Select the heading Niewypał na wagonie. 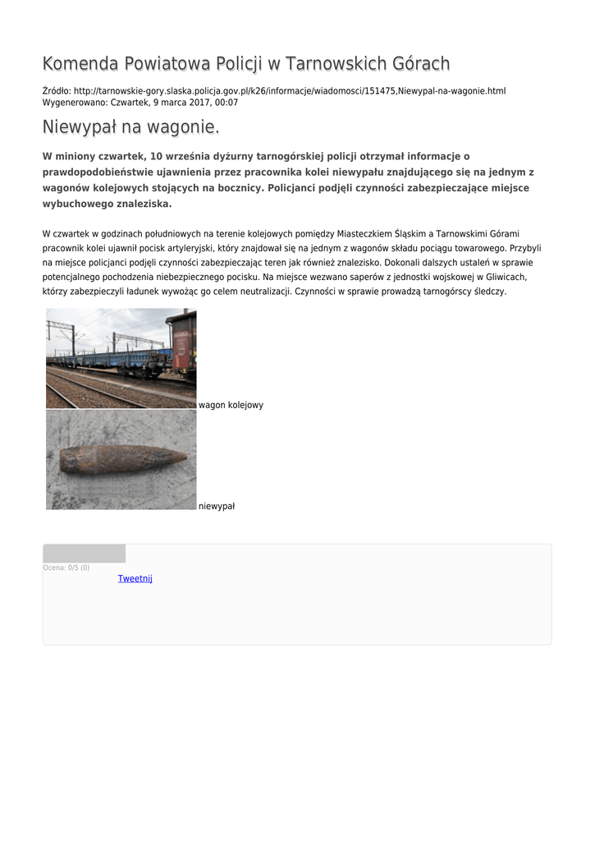(x=131, y=128)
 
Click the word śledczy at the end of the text (x=490, y=292)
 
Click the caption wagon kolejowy (x=231, y=405)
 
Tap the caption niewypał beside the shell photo (x=217, y=506)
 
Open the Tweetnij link (x=135, y=578)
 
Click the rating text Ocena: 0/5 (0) (x=66, y=568)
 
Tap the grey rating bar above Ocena (x=84, y=554)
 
